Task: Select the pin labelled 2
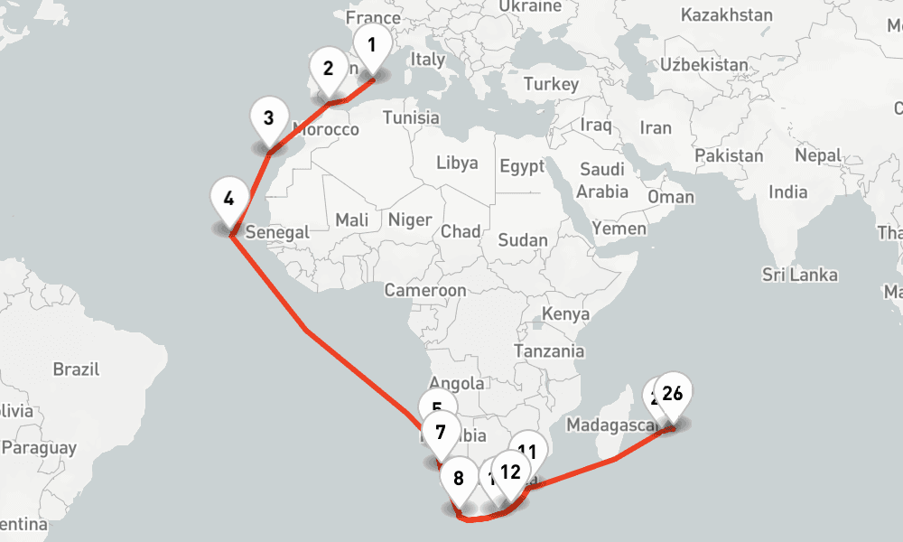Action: (x=328, y=69)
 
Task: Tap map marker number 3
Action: (x=268, y=118)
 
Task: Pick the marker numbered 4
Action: (x=228, y=198)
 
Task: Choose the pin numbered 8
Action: (x=459, y=480)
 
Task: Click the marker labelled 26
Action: (x=672, y=394)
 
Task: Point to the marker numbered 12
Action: (x=509, y=472)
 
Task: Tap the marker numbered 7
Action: (x=440, y=432)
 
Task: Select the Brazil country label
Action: (x=76, y=369)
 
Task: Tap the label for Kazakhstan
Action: (x=727, y=15)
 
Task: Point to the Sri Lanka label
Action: (x=799, y=275)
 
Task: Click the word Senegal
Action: (x=277, y=232)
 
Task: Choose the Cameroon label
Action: (x=424, y=290)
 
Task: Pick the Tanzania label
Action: (x=548, y=351)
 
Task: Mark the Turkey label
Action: (x=550, y=84)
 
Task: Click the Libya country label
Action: (x=457, y=164)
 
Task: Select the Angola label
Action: (x=457, y=383)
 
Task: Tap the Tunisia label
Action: (x=411, y=117)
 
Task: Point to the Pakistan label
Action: (x=729, y=155)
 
